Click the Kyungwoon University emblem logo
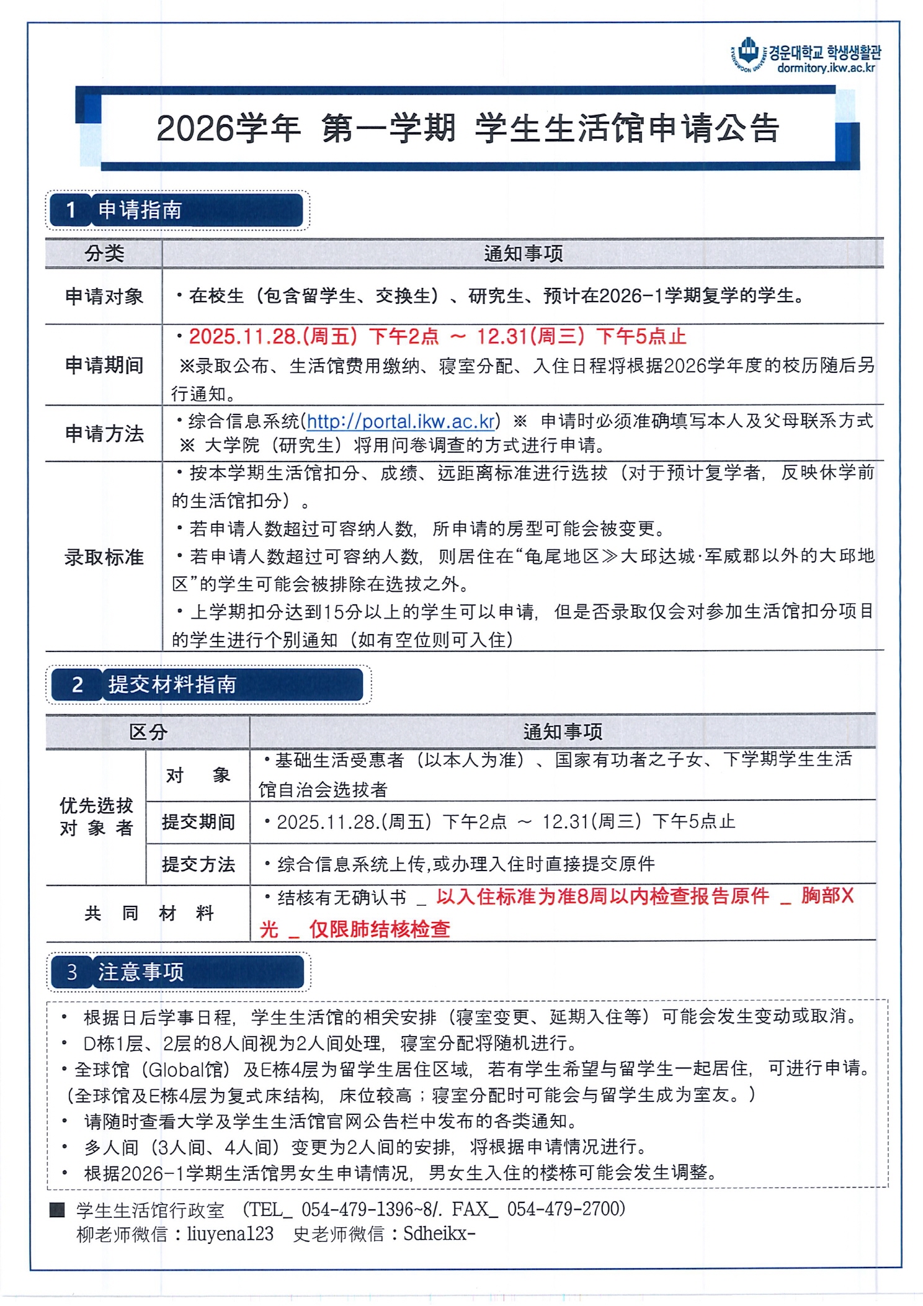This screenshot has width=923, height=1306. pos(749,53)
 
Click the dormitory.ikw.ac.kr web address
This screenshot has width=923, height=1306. pos(826,68)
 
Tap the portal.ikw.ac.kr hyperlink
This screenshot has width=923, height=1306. pos(401,422)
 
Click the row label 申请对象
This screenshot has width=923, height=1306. pos(104,297)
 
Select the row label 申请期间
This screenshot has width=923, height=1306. pos(104,365)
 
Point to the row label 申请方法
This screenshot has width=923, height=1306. pos(104,434)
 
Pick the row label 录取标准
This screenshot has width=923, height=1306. pos(104,557)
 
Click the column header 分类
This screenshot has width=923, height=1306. pos(104,254)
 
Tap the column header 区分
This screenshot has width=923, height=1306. pos(148,732)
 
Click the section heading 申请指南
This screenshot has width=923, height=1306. pos(140,210)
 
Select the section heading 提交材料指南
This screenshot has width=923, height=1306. pos(172,684)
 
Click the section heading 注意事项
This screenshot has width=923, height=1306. pos(141,972)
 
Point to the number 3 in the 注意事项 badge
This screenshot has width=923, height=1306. pos(72,972)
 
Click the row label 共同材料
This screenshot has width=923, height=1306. pos(149,913)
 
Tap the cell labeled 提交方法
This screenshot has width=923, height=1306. pos(198,864)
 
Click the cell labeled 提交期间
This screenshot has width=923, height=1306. pos(198,822)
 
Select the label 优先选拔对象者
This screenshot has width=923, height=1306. pos(96,816)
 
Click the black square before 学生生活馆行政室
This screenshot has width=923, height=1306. pos(57,1209)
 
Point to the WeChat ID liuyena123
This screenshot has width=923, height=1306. pos(230,1233)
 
